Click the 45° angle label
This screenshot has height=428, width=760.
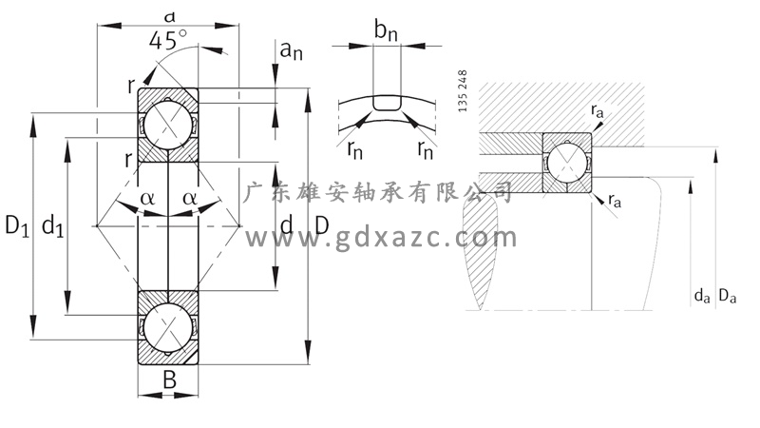pos(168,40)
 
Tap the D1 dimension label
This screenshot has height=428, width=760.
pos(17,226)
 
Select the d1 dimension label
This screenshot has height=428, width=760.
pos(53,227)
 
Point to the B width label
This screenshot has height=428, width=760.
pos(169,380)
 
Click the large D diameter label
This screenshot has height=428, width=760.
pos(322,226)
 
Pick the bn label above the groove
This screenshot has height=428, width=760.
pos(386,32)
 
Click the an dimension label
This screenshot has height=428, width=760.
pos(290,49)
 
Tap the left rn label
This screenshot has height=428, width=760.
pos(353,147)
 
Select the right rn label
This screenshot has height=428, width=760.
pos(425,147)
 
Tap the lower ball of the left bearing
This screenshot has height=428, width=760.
pos(168,326)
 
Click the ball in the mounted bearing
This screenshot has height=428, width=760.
pos(567,160)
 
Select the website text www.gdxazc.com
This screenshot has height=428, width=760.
pos(380,237)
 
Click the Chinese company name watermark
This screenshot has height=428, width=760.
pos(380,193)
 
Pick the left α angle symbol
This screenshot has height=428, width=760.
pos(147,198)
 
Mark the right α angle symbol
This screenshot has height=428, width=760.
pos(190,198)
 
